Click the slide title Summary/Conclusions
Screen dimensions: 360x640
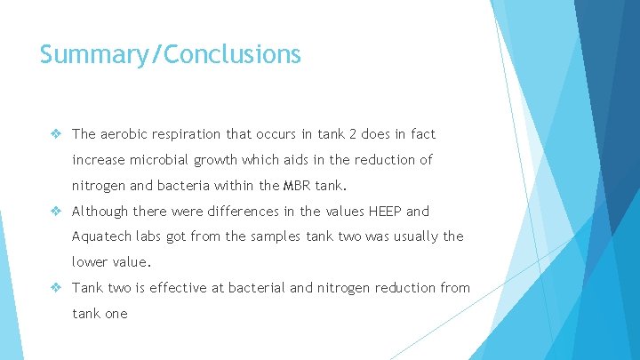(x=171, y=55)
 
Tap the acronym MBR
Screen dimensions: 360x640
(x=295, y=186)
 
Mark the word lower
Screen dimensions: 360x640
(x=91, y=262)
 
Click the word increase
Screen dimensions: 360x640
(x=100, y=160)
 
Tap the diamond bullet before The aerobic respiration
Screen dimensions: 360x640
(x=55, y=134)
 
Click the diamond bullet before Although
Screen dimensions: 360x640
(x=55, y=212)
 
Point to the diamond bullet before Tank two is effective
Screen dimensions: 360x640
(x=55, y=288)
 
